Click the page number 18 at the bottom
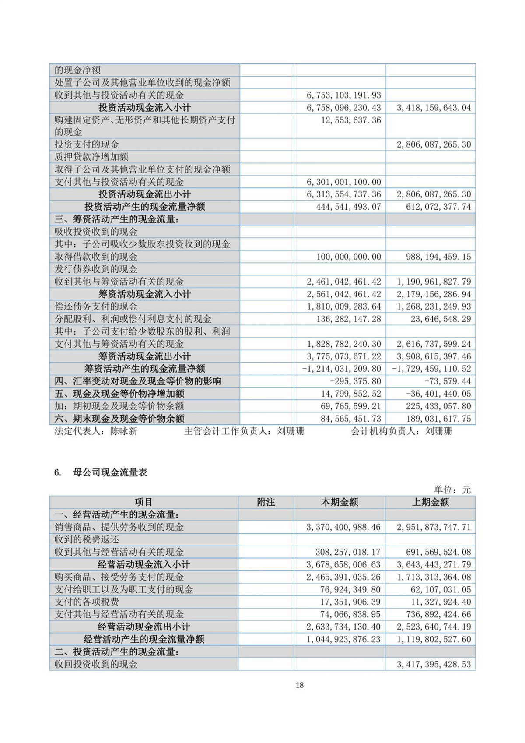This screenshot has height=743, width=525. click(299, 685)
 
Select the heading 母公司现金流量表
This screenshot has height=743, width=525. click(110, 472)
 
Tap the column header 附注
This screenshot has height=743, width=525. click(266, 502)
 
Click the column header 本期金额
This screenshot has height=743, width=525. click(339, 502)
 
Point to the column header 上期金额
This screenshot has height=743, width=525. click(430, 502)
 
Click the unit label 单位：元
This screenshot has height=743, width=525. click(452, 489)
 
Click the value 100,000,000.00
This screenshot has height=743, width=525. click(348, 257)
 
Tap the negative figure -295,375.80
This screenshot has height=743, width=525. click(356, 381)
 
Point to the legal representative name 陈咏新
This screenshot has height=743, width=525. click(124, 431)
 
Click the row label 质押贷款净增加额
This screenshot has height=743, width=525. click(91, 157)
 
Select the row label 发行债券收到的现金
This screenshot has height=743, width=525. click(96, 269)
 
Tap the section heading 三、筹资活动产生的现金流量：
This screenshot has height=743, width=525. click(116, 219)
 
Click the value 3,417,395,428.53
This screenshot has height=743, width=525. click(434, 664)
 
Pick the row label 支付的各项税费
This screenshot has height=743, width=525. click(87, 602)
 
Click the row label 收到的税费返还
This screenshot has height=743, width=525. click(87, 539)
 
